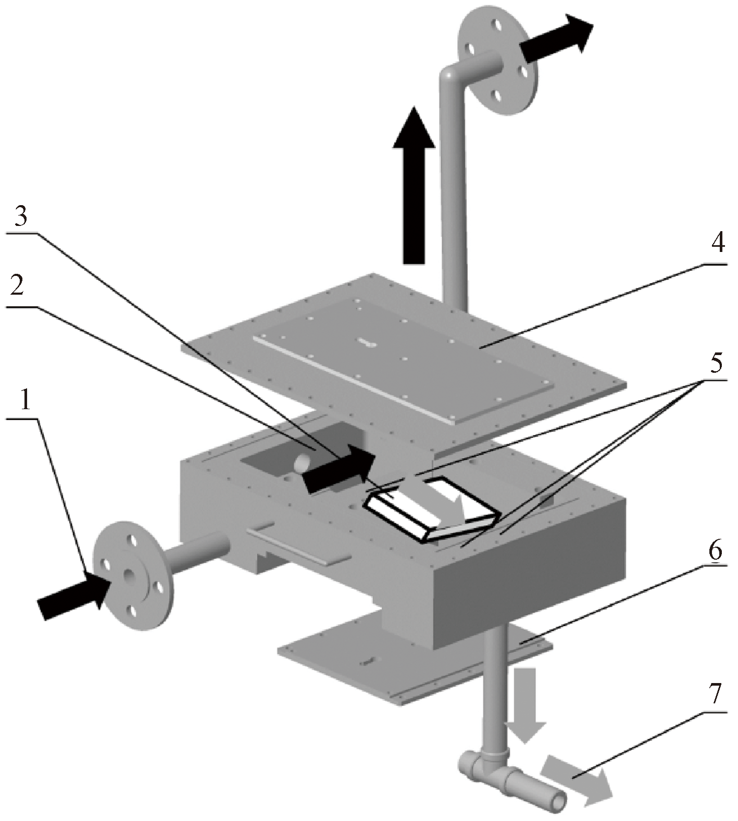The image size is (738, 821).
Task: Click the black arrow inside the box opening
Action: (339, 469)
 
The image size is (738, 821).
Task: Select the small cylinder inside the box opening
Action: (302, 462)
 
